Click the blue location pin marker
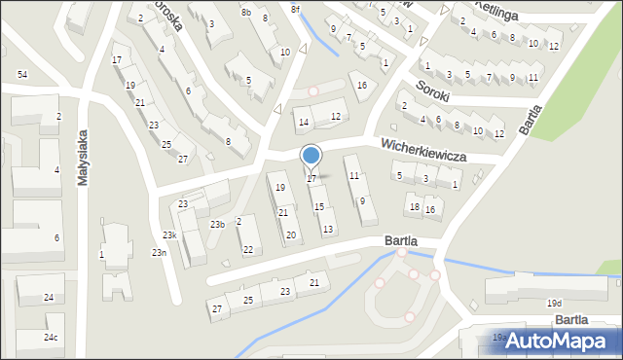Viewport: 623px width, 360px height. click(311, 157)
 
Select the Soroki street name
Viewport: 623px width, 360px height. click(432, 87)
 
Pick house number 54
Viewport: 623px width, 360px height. click(21, 75)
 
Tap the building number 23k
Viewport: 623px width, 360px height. click(169, 235)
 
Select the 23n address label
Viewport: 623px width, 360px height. click(158, 253)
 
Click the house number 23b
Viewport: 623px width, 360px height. click(218, 225)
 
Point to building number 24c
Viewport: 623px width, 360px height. click(50, 338)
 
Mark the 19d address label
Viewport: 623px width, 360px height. click(554, 304)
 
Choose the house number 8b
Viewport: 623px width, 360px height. click(246, 13)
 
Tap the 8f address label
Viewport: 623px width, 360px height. click(295, 9)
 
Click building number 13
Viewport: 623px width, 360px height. click(328, 229)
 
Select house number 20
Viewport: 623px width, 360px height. click(290, 234)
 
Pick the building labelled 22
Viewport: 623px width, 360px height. click(248, 250)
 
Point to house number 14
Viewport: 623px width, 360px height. click(304, 123)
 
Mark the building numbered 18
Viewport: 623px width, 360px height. click(415, 207)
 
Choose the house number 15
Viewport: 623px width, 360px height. click(318, 206)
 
